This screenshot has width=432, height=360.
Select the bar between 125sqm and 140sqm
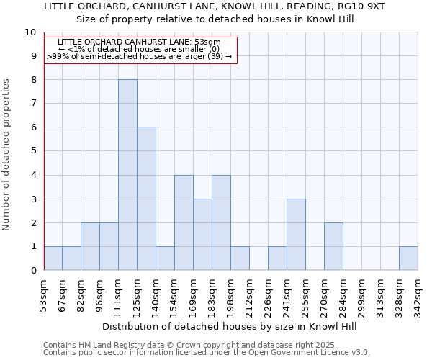pyautogui.click(x=146, y=199)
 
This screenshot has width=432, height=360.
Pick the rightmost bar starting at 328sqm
pyautogui.click(x=408, y=258)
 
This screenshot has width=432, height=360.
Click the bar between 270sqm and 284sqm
pyautogui.click(x=333, y=246)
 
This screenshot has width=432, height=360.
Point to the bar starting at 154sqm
pyautogui.click(x=184, y=222)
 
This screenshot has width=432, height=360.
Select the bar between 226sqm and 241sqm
pyautogui.click(x=277, y=258)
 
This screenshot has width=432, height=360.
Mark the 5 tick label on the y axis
pyautogui.click(x=33, y=151)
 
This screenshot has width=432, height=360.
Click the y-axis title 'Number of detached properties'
pyautogui.click(x=6, y=155)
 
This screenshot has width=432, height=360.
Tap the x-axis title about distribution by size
pyautogui.click(x=230, y=326)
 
